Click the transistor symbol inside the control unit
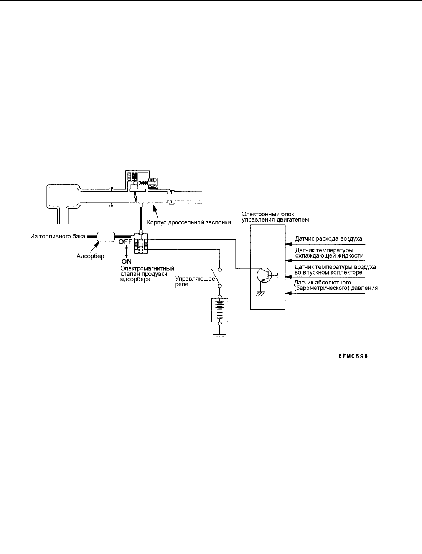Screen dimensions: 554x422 pyautogui.click(x=264, y=275)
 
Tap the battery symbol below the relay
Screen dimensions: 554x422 pyautogui.click(x=219, y=310)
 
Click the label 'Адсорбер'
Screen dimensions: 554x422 pyautogui.click(x=91, y=256)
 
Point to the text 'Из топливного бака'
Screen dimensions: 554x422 pyautogui.click(x=58, y=237)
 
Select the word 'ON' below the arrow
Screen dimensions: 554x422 pyautogui.click(x=126, y=261)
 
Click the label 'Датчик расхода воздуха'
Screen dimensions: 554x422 pyautogui.click(x=328, y=239)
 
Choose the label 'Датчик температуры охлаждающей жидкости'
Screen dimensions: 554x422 pyautogui.click(x=329, y=253)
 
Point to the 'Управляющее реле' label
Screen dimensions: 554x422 pyautogui.click(x=195, y=281)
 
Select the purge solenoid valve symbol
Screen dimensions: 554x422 pyautogui.click(x=141, y=244)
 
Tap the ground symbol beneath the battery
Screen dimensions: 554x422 pyautogui.click(x=219, y=336)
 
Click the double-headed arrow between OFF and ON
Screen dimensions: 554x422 pyautogui.click(x=127, y=252)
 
